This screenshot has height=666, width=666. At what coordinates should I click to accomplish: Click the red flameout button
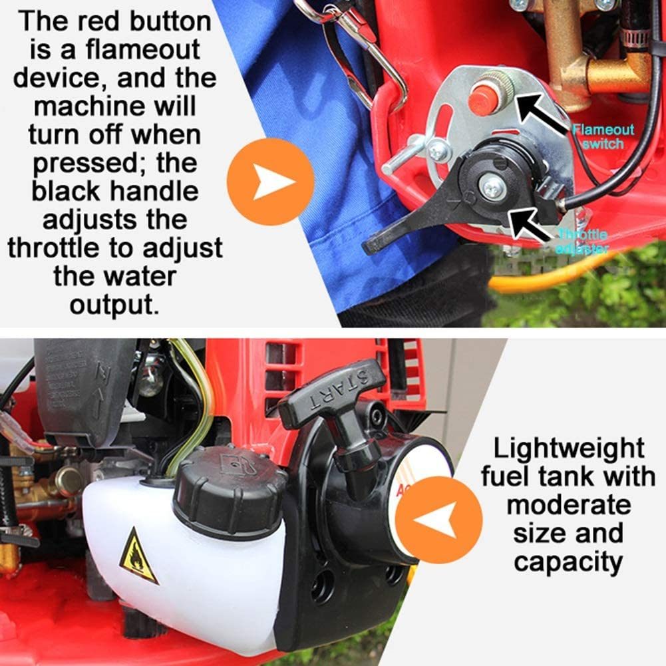(483, 100)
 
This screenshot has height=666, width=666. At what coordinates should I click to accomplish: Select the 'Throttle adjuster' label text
(583, 241)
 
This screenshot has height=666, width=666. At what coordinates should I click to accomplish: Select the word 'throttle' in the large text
(64, 248)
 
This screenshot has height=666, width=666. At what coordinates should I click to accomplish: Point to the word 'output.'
(114, 304)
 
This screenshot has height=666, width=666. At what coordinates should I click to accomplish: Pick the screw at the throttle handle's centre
(492, 187)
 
